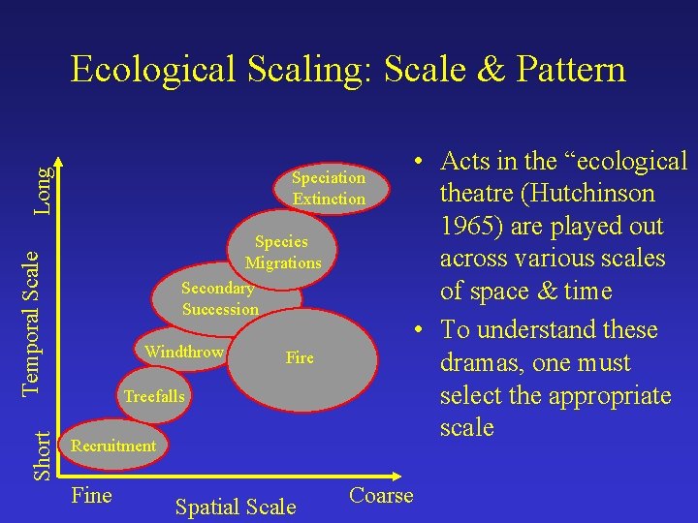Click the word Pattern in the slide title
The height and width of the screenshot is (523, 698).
(571, 70)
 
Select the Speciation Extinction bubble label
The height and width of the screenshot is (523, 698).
(329, 188)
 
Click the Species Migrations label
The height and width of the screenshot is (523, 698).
(282, 252)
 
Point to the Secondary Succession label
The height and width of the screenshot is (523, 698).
(220, 298)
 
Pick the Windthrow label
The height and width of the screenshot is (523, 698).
(184, 352)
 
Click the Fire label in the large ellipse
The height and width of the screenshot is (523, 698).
(300, 358)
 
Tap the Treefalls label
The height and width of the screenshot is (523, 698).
(153, 396)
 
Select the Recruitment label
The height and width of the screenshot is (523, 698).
(113, 446)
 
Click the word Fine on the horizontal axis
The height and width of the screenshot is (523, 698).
(92, 496)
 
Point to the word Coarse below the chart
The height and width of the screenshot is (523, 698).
(381, 496)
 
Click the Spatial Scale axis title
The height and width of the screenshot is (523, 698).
(236, 507)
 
